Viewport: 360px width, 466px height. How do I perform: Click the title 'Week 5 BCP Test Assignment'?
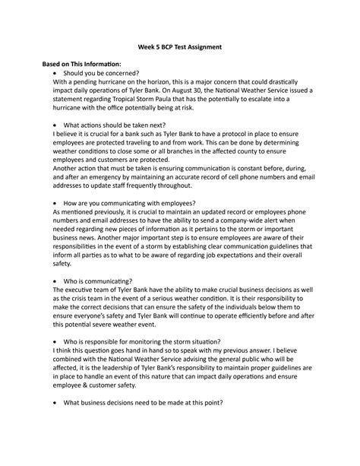pos(179,47)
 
